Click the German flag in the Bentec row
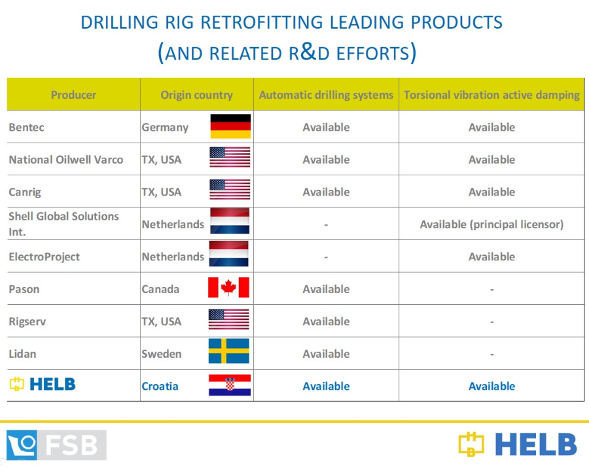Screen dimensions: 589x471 pos(230,126)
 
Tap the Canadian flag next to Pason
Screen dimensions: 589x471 pos(228,288)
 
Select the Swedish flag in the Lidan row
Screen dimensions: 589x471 pos(229,351)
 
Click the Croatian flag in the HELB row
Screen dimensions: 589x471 pos(230,385)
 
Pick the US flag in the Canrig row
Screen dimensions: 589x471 pos(230,189)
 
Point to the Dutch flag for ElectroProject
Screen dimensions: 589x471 pos(229,254)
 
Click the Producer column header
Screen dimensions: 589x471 pos(73,95)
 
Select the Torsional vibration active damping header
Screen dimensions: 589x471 pos(491,95)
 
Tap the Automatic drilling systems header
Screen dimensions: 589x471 pos(326,95)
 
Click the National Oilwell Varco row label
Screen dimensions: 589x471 pos(65,160)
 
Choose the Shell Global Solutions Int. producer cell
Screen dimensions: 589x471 pos(63,224)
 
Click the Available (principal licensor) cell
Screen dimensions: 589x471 pos(491,224)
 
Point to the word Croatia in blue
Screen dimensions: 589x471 pos(160,386)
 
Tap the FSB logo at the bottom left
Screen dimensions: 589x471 pos(56,445)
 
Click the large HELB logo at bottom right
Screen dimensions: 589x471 pos(518,444)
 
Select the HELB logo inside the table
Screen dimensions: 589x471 pos(43,384)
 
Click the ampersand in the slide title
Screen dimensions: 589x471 pos(308,52)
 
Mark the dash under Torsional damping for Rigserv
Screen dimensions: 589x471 pos(491,323)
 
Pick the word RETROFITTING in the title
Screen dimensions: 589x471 pos(261,22)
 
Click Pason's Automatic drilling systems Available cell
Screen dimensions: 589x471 pos(326,289)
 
